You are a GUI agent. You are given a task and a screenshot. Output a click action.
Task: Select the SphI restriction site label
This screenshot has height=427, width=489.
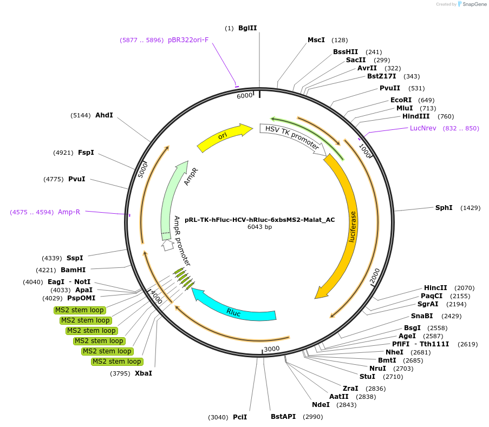click(x=444, y=208)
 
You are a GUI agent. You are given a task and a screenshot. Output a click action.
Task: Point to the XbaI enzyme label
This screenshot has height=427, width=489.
click(x=144, y=373)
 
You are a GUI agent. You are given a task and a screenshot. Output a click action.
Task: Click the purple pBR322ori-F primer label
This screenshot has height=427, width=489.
click(x=188, y=40)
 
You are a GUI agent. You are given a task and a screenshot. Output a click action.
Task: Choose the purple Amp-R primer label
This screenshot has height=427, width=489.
click(x=69, y=212)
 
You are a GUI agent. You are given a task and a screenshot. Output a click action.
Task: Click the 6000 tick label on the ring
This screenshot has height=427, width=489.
click(x=245, y=96)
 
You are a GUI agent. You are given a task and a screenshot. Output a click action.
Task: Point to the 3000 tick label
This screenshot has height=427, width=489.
click(x=271, y=349)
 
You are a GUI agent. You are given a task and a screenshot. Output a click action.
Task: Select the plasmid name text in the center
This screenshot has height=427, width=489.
click(x=259, y=220)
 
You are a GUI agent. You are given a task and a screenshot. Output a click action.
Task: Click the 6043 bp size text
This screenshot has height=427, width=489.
click(x=259, y=227)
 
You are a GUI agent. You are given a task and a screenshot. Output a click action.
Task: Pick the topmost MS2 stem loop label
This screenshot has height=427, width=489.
click(x=79, y=310)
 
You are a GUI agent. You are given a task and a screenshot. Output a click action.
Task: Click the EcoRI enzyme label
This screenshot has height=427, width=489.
click(x=401, y=100)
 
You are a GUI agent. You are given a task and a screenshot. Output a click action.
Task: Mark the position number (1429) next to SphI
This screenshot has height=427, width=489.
click(x=470, y=208)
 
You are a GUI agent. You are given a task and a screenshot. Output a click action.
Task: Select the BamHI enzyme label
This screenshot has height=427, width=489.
click(x=73, y=270)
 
